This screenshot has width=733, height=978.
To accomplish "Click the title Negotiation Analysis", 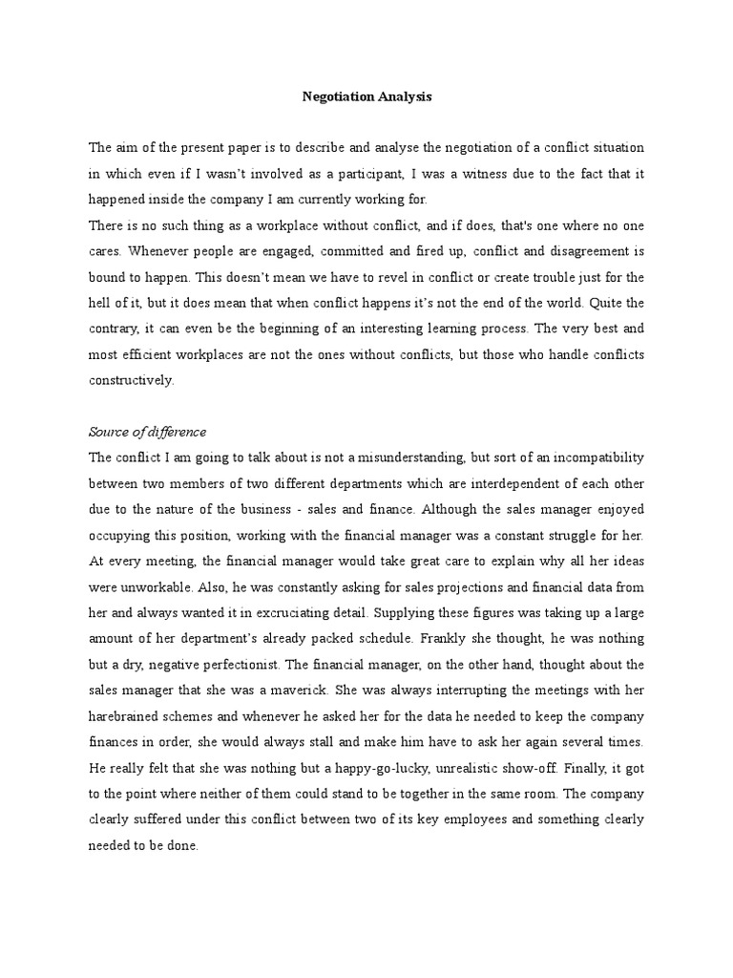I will coord(366,96).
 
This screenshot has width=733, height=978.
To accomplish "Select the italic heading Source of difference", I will coord(147,432).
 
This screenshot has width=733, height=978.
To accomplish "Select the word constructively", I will coord(132,380).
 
